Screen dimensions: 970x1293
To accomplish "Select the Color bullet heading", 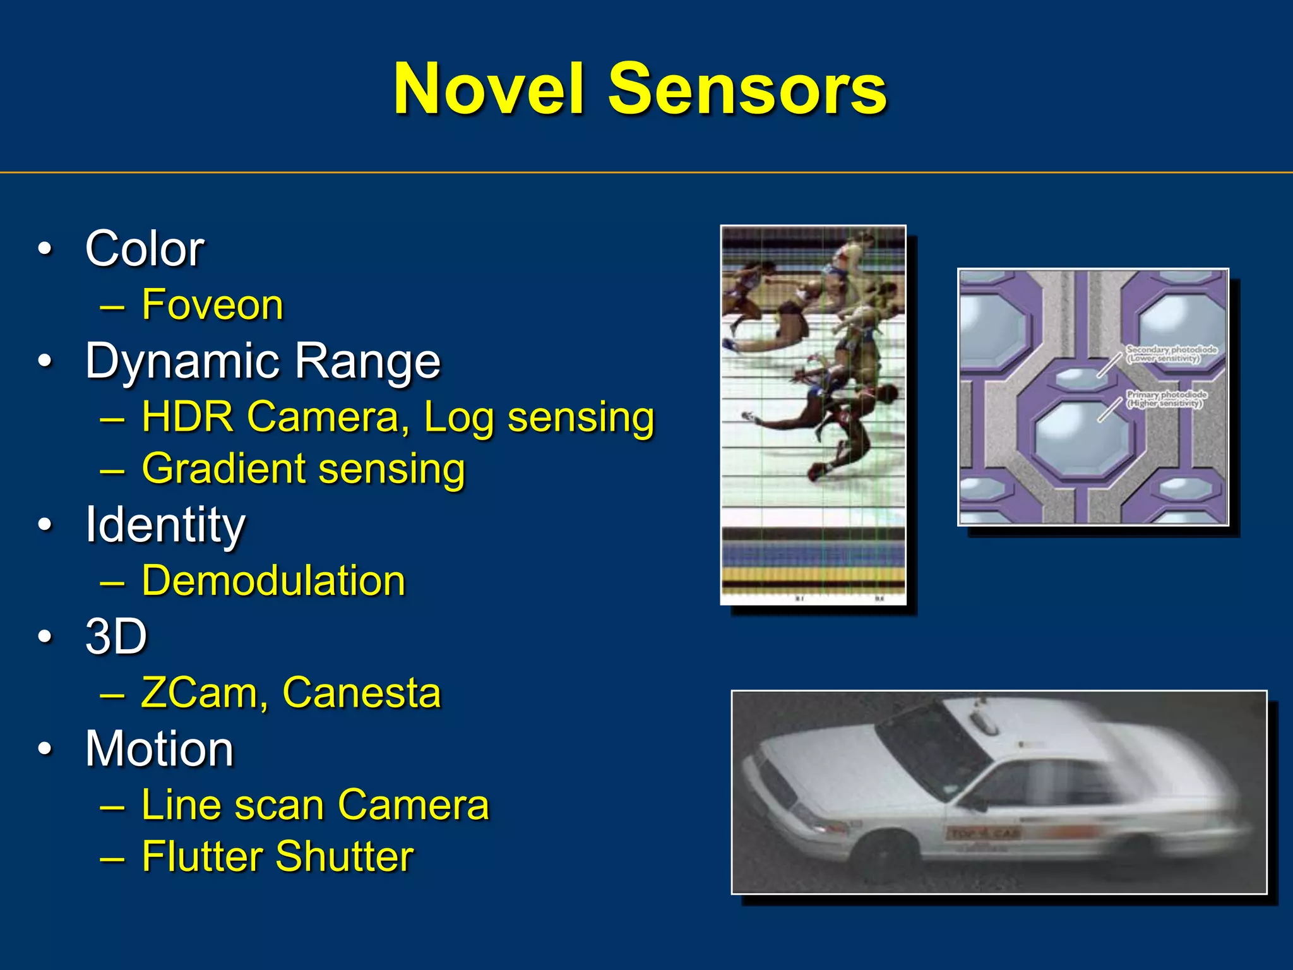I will (x=145, y=249).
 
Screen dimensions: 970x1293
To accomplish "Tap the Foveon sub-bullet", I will (x=212, y=305).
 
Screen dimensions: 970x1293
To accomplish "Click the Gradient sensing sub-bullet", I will (x=303, y=469).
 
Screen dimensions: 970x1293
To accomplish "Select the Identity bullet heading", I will (x=165, y=525).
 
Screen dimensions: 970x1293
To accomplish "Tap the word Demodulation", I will (x=273, y=581).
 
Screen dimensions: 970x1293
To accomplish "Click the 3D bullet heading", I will (x=116, y=637).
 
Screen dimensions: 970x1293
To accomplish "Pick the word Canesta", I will (x=361, y=693).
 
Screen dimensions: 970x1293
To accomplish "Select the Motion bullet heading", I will (x=159, y=749).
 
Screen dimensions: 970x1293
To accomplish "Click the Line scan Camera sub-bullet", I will (x=315, y=805).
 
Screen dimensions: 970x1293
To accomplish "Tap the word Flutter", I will (x=202, y=857).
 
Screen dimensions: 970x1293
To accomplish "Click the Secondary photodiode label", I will (x=1171, y=354).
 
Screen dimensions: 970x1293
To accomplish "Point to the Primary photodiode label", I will (x=1167, y=398).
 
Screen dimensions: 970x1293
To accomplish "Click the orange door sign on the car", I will (x=984, y=834).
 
